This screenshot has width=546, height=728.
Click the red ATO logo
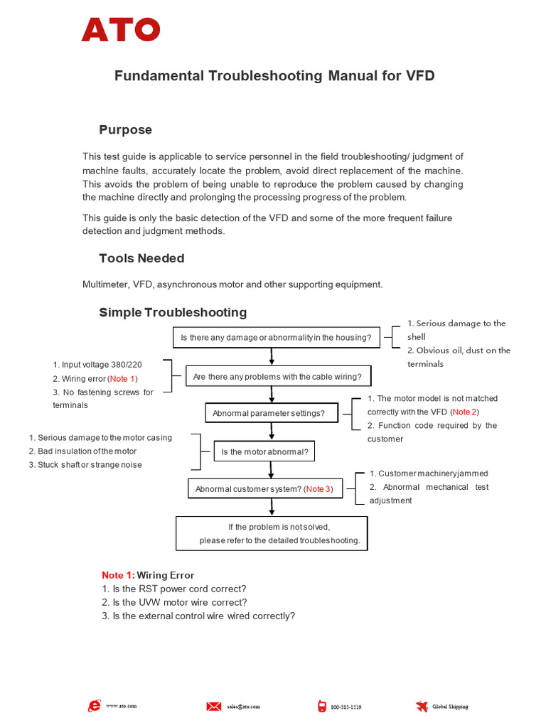[x=121, y=29]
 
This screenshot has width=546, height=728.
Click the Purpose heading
[x=125, y=130]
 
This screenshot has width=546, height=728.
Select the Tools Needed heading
[x=141, y=258]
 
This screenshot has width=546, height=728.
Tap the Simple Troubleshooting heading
[x=173, y=312]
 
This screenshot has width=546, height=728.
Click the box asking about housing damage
[x=277, y=338]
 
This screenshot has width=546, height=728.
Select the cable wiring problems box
[x=277, y=377]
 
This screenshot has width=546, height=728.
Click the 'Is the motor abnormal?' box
[x=264, y=451]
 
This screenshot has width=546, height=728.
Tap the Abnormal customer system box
[x=264, y=489]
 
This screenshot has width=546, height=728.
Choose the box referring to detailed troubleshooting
[x=272, y=533]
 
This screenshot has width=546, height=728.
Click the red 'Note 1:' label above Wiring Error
[x=118, y=575]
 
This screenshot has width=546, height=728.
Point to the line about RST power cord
[x=174, y=589]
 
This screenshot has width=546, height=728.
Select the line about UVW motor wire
[x=174, y=602]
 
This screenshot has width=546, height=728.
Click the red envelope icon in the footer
[x=213, y=706]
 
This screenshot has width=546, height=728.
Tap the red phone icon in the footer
[x=322, y=706]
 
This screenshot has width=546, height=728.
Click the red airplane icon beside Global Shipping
[x=422, y=706]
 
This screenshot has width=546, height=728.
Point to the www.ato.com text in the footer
[x=121, y=706]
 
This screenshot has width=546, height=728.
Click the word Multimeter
[x=105, y=284]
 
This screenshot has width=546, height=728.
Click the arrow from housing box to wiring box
[x=271, y=356]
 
